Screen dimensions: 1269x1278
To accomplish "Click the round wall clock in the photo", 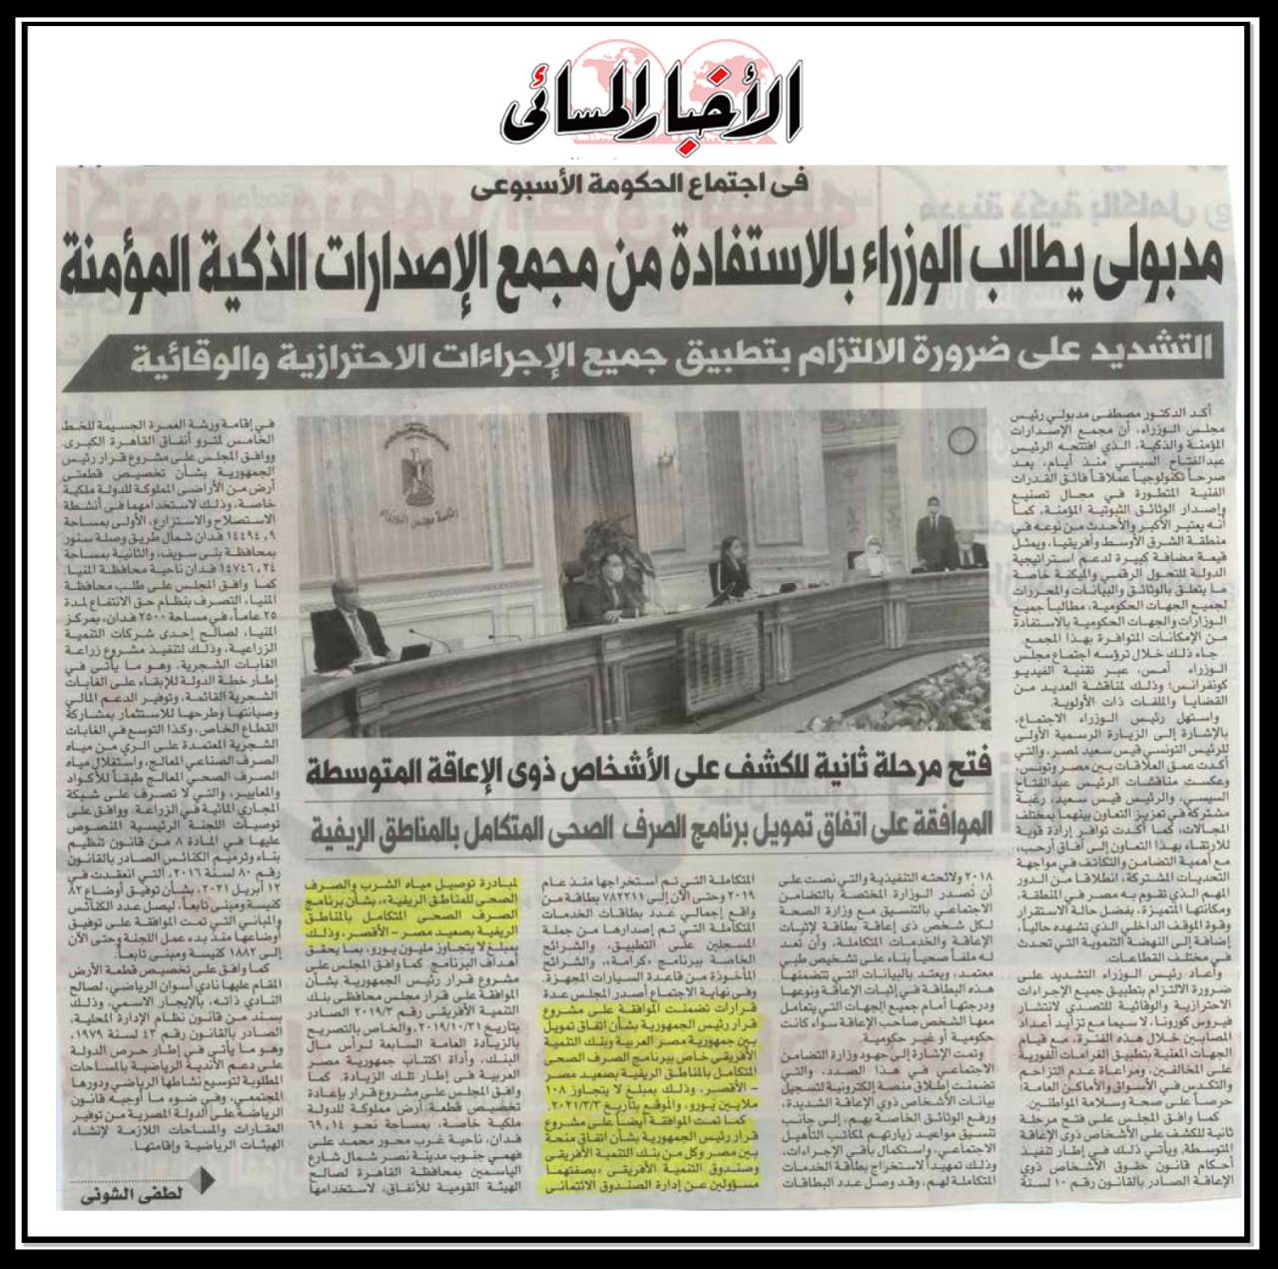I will pyautogui.click(x=960, y=439).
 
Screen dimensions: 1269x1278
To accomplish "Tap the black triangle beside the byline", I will pyautogui.click(x=207, y=1182).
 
